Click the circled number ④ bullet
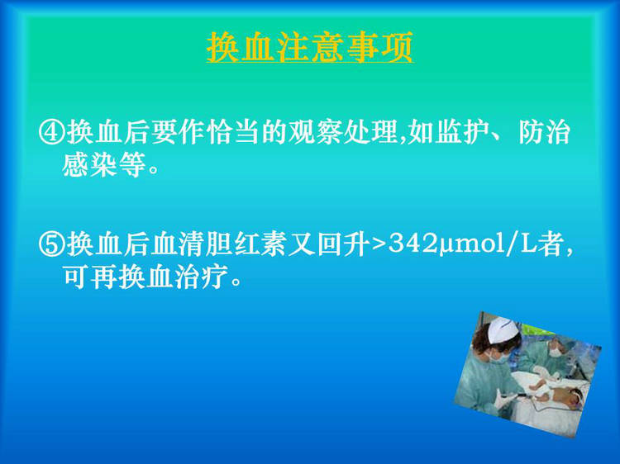tap(52, 132)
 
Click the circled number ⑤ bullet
tap(52, 244)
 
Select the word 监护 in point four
tap(462, 132)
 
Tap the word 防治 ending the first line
tap(544, 132)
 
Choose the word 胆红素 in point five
tap(247, 244)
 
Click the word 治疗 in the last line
tap(201, 277)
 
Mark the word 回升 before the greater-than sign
tap(344, 244)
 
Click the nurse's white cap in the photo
tap(502, 330)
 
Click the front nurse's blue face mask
tap(499, 357)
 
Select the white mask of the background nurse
tap(556, 352)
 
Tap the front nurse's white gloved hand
tap(504, 398)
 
